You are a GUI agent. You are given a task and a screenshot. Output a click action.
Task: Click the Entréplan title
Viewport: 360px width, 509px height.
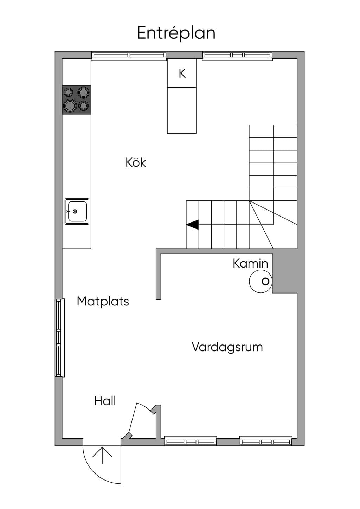pyautogui.click(x=176, y=33)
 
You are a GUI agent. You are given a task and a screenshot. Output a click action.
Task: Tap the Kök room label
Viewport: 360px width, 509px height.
pyautogui.click(x=136, y=163)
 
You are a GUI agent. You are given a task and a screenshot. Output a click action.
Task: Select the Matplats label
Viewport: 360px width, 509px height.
pyautogui.click(x=103, y=302)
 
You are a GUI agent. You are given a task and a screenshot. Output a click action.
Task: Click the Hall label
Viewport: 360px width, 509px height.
pyautogui.click(x=105, y=401)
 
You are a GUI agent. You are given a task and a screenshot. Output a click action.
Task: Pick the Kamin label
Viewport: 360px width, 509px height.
pyautogui.click(x=250, y=264)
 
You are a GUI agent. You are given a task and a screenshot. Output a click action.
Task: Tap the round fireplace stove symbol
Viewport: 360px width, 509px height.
pyautogui.click(x=261, y=281)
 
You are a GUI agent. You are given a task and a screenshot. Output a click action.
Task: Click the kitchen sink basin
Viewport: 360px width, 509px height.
pyautogui.click(x=77, y=211)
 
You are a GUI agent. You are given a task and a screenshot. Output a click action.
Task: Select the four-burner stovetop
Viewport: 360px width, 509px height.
pyautogui.click(x=77, y=100)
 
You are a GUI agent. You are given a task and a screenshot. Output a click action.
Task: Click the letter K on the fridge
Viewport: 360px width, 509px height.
pyautogui.click(x=182, y=73)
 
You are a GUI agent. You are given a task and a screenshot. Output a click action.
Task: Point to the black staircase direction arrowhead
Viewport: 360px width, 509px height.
pyautogui.click(x=193, y=225)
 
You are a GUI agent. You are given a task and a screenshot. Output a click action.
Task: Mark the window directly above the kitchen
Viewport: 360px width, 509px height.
pyautogui.click(x=129, y=56)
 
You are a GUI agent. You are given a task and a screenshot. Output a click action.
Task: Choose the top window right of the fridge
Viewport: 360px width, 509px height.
pyautogui.click(x=237, y=56)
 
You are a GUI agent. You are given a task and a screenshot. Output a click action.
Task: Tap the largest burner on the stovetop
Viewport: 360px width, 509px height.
pyautogui.click(x=70, y=106)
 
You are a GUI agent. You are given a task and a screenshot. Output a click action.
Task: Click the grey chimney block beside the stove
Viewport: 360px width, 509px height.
pyautogui.click(x=285, y=273)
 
